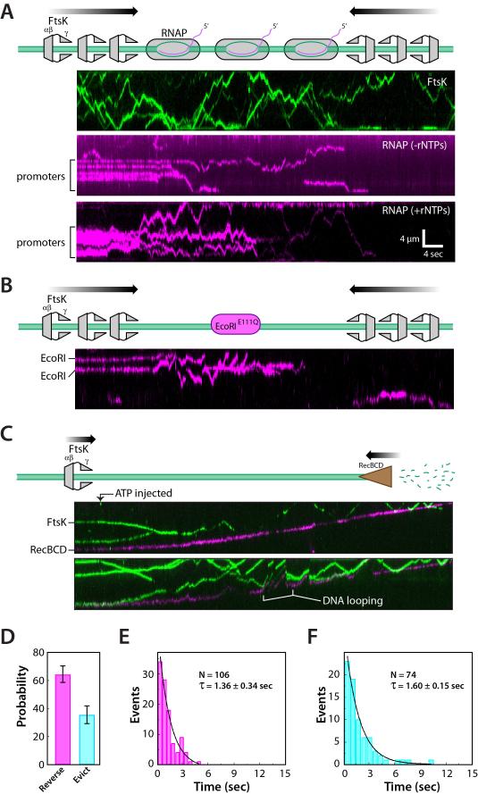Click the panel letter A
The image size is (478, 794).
[7, 11]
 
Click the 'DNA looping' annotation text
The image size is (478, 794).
[352, 601]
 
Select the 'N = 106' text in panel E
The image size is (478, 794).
[214, 674]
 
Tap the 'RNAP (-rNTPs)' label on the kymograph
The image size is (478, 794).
[415, 146]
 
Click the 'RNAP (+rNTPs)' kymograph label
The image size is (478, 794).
[415, 211]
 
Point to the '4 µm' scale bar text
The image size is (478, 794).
[409, 238]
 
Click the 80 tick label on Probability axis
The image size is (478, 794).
[39, 652]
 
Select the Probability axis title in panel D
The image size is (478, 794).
[21, 698]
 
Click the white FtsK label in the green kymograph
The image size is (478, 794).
[437, 81]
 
